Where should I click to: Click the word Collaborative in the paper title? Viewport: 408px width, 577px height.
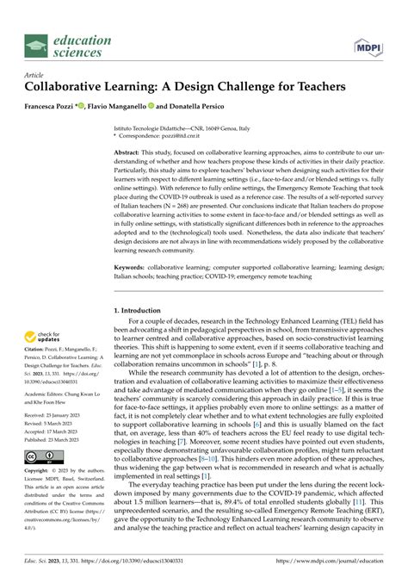click(x=73, y=87)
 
